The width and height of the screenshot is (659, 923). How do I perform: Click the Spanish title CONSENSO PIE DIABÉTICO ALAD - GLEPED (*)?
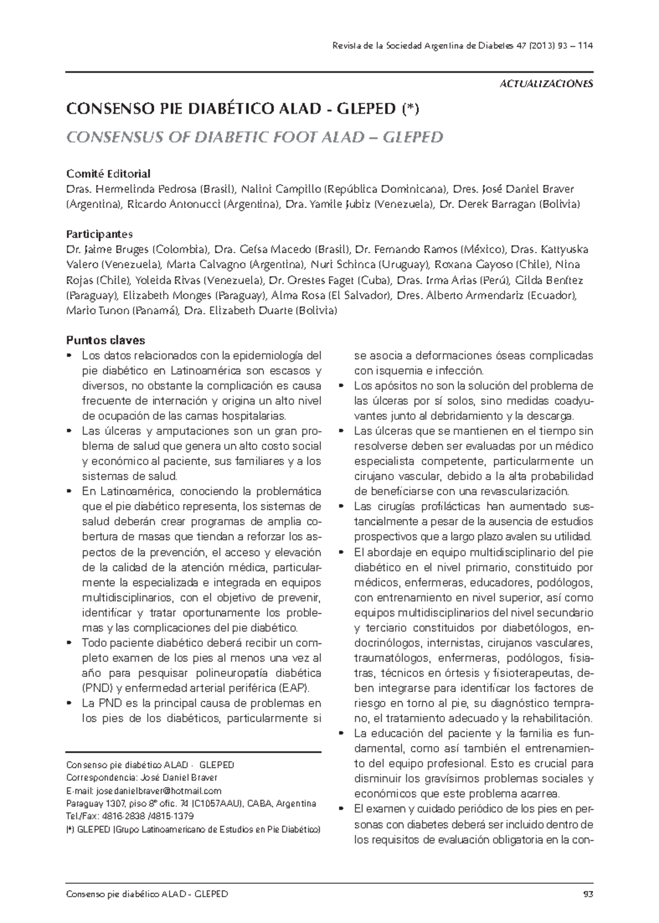tap(242, 109)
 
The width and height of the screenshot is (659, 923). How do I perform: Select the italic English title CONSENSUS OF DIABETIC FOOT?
tap(254, 137)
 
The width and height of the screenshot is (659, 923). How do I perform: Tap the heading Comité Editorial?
tap(108, 174)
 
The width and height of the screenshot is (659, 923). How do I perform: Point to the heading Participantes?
tap(99, 234)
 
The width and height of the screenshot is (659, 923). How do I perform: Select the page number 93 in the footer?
tap(588, 894)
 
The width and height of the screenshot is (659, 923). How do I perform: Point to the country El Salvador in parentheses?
tap(359, 296)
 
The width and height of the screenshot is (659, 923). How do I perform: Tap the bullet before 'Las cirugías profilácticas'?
tap(342, 506)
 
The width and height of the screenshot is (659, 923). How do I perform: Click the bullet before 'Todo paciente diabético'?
tap(69, 642)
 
